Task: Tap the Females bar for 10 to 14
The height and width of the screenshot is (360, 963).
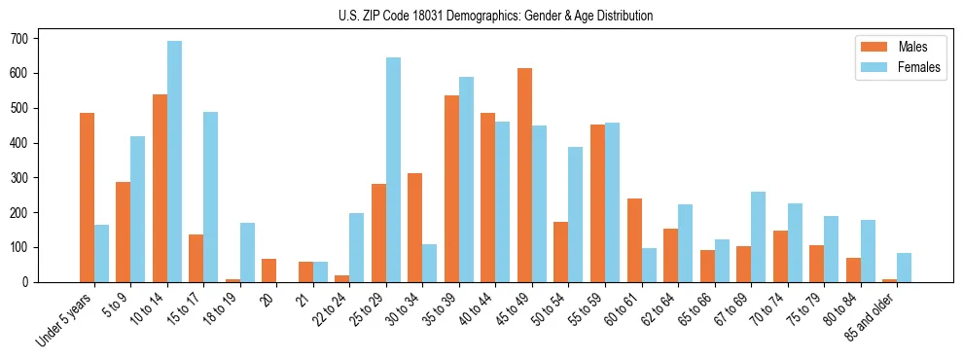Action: tap(174, 162)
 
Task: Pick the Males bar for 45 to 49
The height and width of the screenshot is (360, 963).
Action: tap(524, 175)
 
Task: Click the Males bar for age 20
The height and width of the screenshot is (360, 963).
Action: tap(269, 270)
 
